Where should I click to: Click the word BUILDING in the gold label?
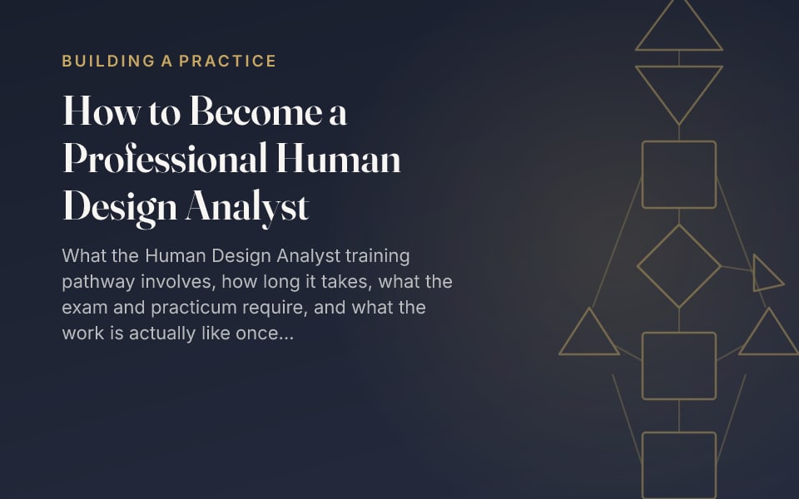click(x=108, y=61)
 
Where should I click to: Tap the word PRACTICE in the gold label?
click(x=227, y=61)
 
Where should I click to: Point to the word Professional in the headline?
click(x=165, y=158)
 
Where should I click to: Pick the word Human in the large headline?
click(x=339, y=158)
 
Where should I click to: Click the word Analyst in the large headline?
click(x=247, y=208)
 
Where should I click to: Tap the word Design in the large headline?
click(x=119, y=208)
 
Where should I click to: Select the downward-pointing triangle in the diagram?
click(x=679, y=67)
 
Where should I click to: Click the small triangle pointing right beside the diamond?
click(x=755, y=273)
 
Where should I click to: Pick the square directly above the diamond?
click(x=679, y=141)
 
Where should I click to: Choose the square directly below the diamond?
click(x=679, y=333)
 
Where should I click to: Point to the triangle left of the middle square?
click(x=589, y=354)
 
